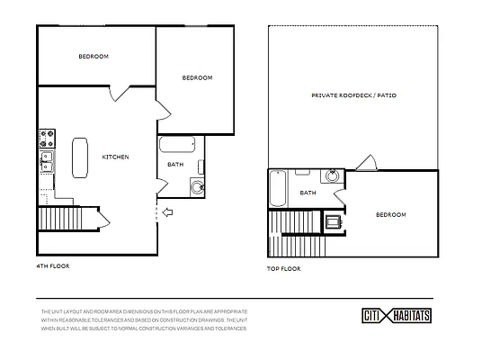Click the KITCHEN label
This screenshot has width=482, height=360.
click(115, 157)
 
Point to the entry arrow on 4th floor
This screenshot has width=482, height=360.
click(169, 212)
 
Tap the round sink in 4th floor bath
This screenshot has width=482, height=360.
click(196, 188)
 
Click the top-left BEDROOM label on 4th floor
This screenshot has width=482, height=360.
click(93, 57)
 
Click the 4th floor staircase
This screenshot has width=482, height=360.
click(58, 219)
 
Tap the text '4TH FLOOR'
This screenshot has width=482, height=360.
click(53, 266)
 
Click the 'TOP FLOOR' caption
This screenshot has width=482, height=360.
click(284, 268)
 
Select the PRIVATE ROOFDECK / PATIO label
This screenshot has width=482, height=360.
click(353, 94)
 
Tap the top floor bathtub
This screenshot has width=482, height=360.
click(278, 189)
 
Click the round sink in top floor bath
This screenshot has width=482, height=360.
click(333, 176)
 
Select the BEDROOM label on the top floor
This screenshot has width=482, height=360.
click(390, 214)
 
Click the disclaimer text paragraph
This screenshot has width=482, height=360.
click(144, 319)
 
